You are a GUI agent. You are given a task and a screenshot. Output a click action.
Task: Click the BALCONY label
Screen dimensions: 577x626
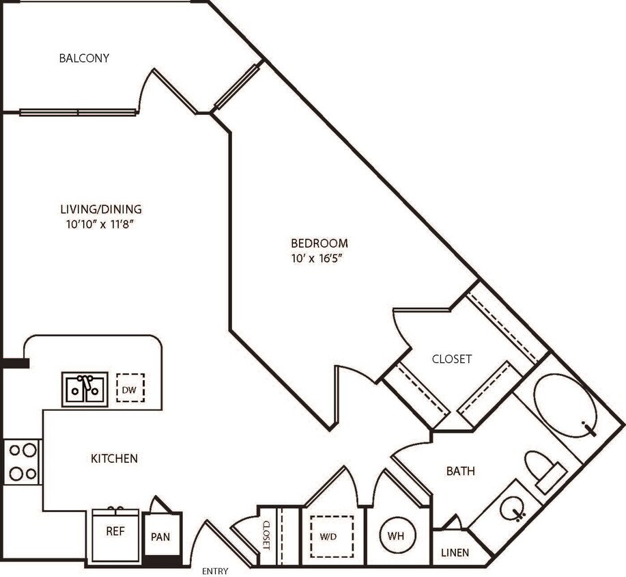84,58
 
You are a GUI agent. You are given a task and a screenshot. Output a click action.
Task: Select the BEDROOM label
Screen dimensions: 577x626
319,243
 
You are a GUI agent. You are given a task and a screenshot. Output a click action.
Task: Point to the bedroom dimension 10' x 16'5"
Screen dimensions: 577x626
319,258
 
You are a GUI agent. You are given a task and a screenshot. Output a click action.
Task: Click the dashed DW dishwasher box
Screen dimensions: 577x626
130,388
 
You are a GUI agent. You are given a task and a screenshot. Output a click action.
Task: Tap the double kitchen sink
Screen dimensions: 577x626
85,389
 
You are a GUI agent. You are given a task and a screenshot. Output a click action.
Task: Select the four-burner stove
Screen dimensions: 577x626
23,462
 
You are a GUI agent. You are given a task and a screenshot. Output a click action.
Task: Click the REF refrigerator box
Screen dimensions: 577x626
115,531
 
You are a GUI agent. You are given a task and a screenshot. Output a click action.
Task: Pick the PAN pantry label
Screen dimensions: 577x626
160,537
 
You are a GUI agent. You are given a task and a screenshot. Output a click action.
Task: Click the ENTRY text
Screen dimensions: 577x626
216,571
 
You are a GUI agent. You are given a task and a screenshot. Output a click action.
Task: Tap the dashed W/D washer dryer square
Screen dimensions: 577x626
332,537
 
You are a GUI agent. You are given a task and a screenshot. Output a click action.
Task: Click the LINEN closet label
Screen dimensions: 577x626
455,550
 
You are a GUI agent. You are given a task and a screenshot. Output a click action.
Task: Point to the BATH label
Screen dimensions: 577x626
461,471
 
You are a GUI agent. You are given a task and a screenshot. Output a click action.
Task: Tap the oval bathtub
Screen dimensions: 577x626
565,405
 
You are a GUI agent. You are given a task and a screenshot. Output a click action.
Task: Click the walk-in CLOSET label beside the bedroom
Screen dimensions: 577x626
452,359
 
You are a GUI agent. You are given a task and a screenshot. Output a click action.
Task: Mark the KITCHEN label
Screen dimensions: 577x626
115,458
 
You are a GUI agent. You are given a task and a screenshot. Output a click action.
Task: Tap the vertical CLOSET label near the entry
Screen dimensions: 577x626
266,536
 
